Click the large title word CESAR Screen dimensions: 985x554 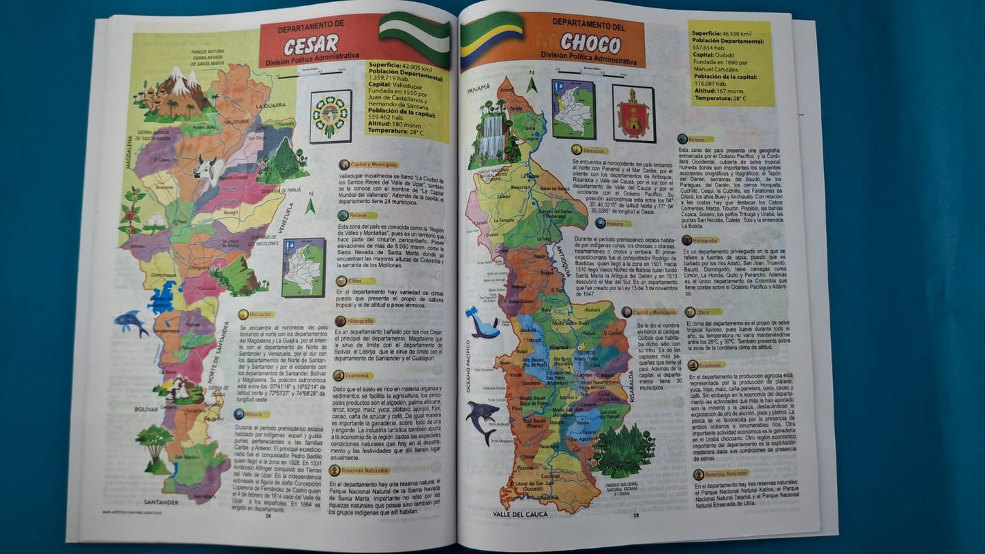tap(311, 45)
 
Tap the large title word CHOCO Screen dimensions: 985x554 tap(590, 44)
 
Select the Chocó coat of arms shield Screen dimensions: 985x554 tap(633, 113)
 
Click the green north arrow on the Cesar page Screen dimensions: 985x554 tap(310, 205)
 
